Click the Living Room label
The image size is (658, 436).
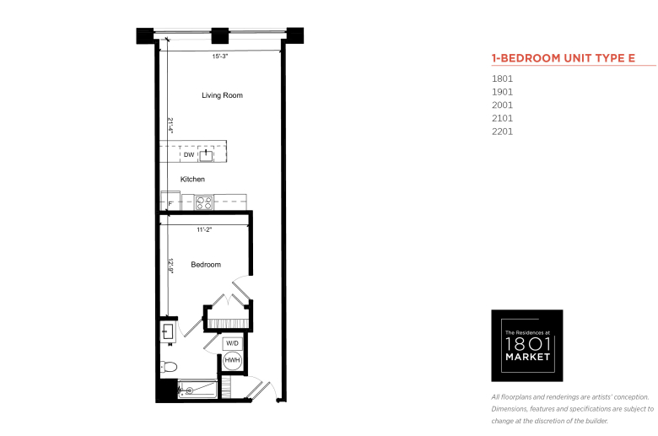click(222, 95)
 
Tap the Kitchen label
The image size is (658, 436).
click(192, 179)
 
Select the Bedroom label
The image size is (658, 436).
click(206, 264)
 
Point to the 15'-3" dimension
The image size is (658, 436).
click(220, 57)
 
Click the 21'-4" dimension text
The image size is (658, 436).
click(170, 125)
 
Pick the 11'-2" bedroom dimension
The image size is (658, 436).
click(204, 229)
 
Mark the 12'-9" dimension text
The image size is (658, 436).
click(170, 266)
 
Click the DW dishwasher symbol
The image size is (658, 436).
click(189, 154)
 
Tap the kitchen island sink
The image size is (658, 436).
click(206, 155)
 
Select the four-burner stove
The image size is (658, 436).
click(204, 203)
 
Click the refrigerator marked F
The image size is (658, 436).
click(170, 201)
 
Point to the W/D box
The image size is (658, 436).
click(232, 344)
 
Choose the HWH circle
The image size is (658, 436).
click(232, 360)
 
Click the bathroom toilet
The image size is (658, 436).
click(168, 367)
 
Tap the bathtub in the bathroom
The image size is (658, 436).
click(197, 390)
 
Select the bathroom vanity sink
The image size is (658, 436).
click(168, 331)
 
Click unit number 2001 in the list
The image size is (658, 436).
click(502, 105)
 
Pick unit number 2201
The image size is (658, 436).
click(502, 132)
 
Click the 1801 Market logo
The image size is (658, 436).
click(527, 346)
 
